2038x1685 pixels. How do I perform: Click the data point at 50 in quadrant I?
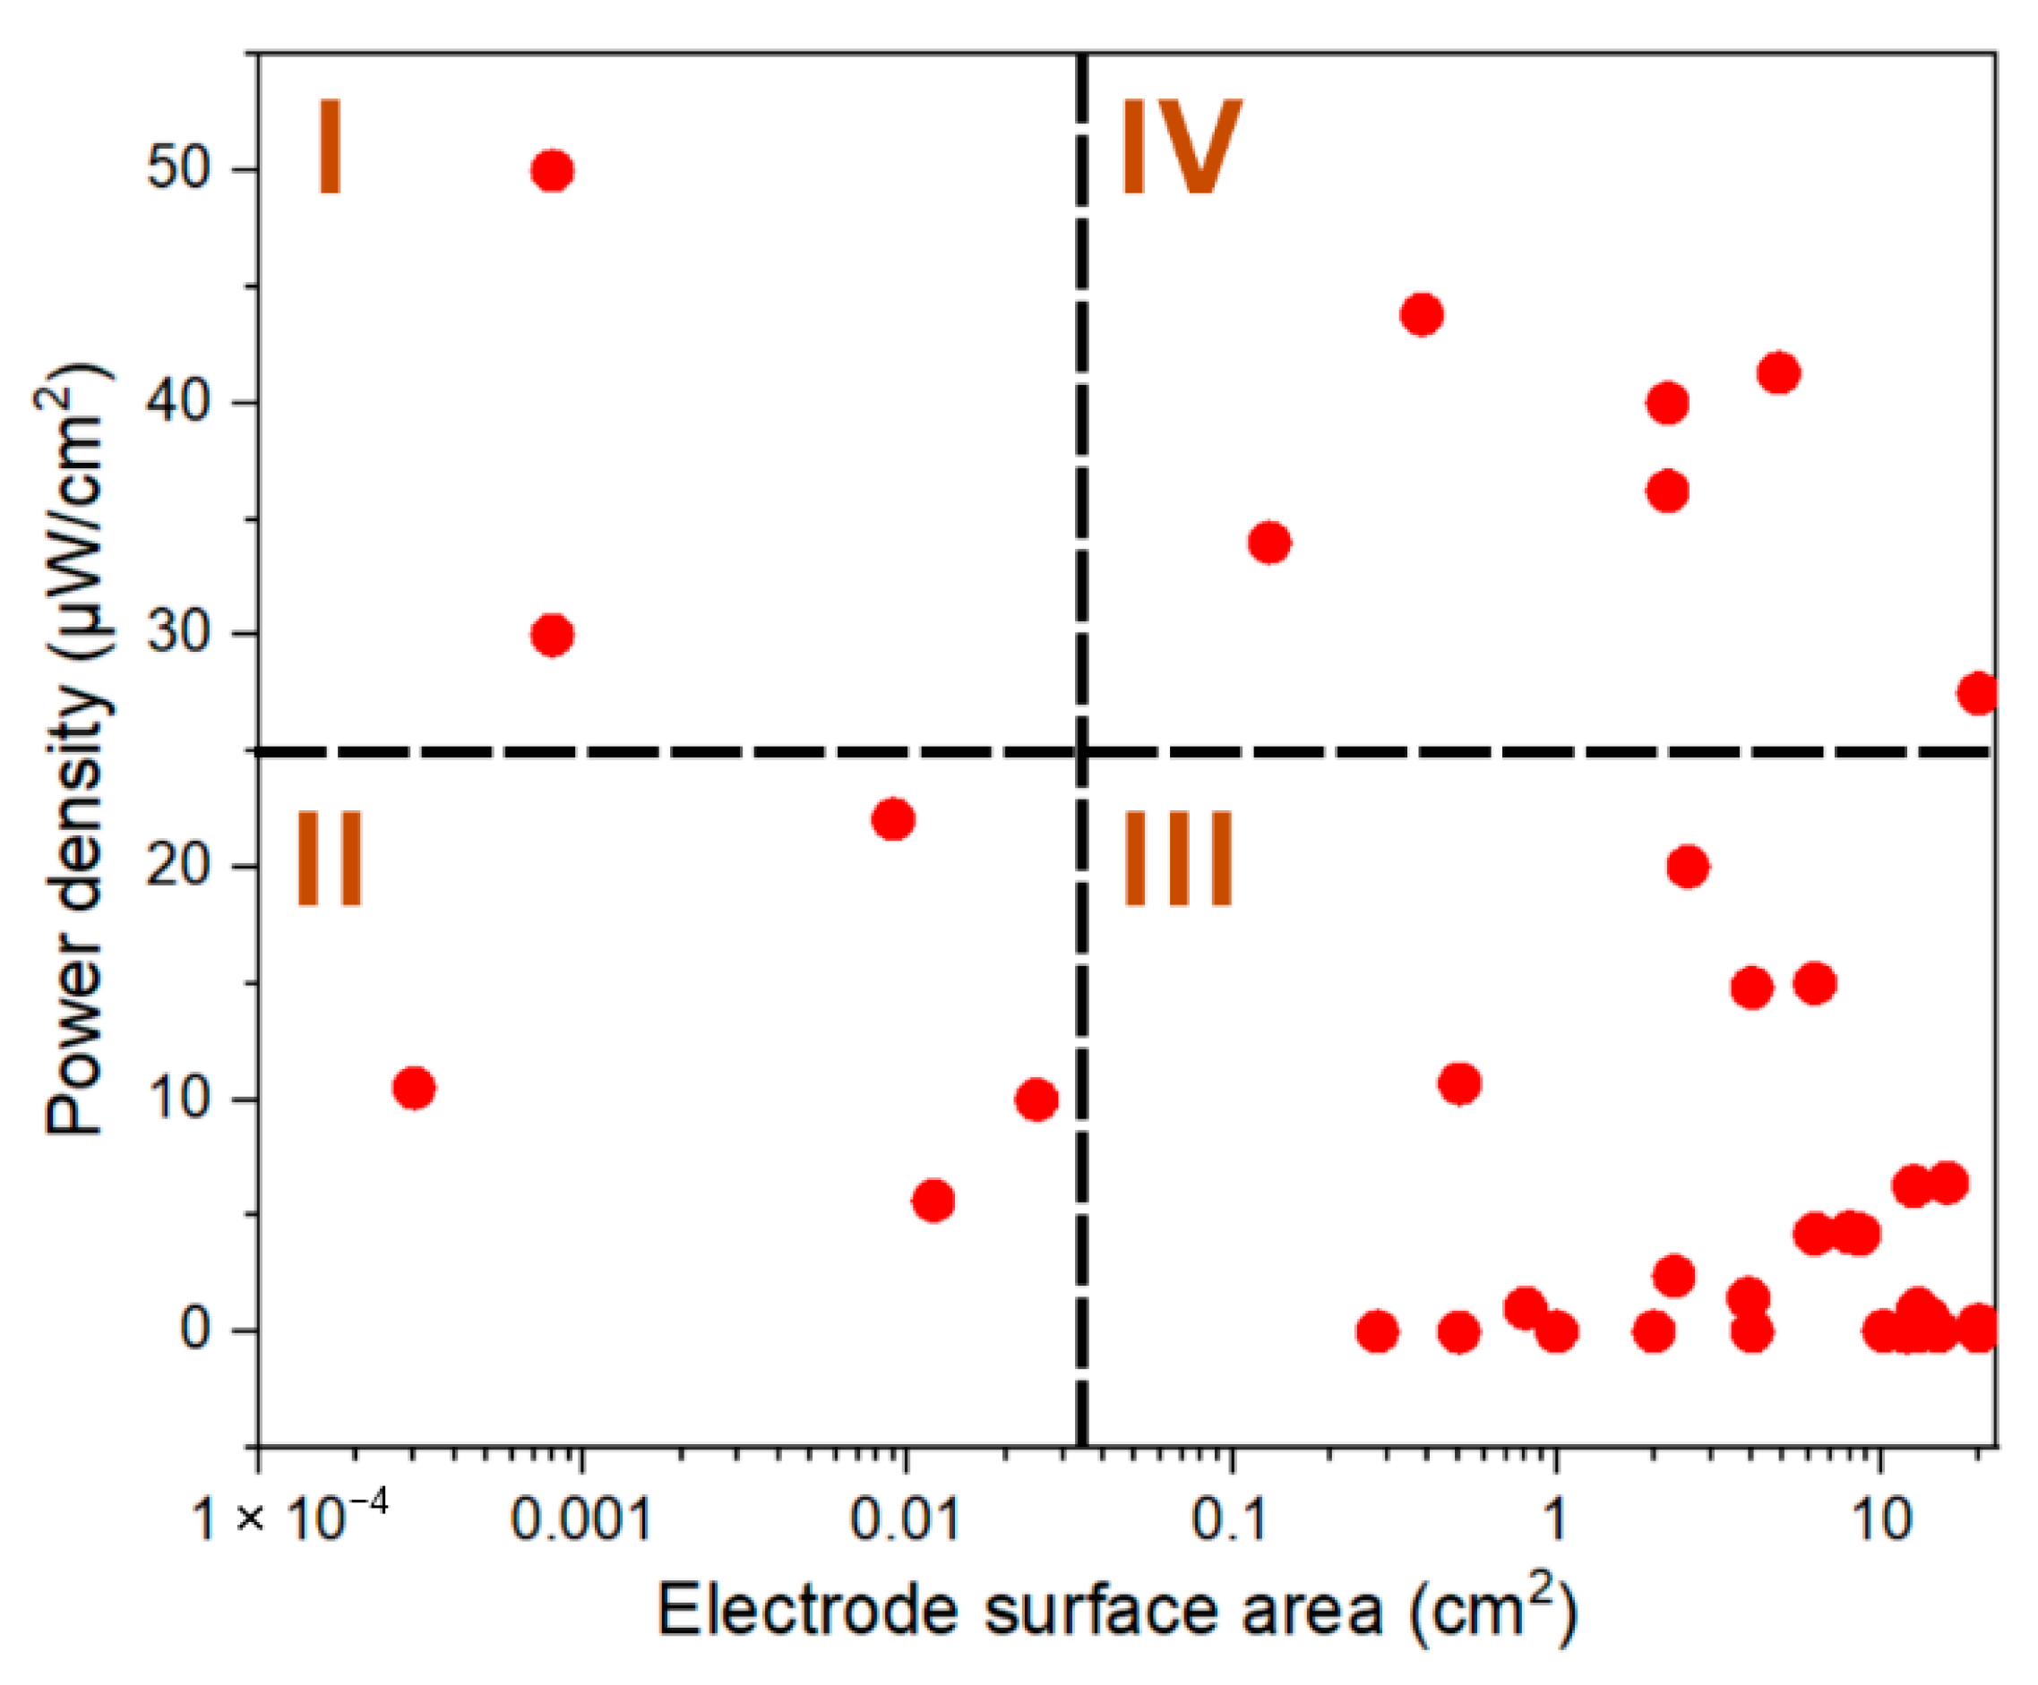point(552,171)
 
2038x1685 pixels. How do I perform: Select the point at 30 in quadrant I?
point(552,636)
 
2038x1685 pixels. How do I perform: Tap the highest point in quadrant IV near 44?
point(1422,314)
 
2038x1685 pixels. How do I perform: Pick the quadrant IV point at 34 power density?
point(1269,543)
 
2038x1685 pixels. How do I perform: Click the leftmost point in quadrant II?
point(415,1089)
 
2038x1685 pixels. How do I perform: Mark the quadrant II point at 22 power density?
point(893,820)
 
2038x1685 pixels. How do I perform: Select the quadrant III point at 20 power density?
point(1688,867)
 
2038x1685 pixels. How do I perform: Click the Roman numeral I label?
point(330,148)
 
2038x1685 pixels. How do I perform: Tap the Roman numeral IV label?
point(1180,148)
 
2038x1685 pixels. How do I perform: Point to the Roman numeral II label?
point(329,860)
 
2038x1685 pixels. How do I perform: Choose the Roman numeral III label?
point(1177,860)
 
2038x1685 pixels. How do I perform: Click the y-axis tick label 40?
point(178,403)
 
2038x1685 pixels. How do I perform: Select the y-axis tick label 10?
point(178,1099)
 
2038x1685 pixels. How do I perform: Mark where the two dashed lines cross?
point(1082,751)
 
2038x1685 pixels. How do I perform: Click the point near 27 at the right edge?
point(1979,693)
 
